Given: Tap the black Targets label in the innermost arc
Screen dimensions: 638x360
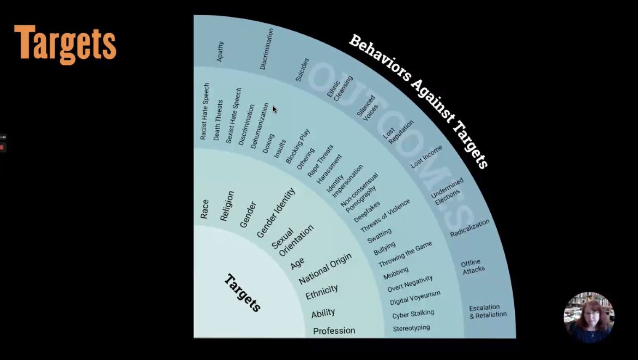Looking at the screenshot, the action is click(x=243, y=293).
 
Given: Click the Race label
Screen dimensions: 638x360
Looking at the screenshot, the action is click(x=204, y=209).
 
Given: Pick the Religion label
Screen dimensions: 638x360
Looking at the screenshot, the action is click(x=227, y=206).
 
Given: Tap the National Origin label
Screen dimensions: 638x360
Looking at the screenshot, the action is click(x=325, y=268).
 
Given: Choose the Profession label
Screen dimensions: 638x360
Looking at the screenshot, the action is click(x=334, y=331).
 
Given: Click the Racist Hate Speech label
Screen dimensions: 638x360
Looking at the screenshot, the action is click(x=204, y=112).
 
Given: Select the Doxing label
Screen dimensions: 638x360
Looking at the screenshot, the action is click(x=268, y=143).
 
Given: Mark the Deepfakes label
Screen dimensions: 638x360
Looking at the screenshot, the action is click(x=367, y=212).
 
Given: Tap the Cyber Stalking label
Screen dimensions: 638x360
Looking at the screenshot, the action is click(x=413, y=314).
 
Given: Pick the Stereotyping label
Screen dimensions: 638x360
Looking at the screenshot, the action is click(x=411, y=328).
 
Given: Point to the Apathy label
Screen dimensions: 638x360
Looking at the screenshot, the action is click(x=220, y=51).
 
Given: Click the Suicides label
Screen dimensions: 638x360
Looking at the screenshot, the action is click(x=302, y=69).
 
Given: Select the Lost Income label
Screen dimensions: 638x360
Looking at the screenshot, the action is click(x=426, y=157).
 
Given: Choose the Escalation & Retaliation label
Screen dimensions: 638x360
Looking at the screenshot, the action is click(x=487, y=311).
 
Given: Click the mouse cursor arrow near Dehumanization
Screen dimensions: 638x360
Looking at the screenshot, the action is click(x=275, y=109).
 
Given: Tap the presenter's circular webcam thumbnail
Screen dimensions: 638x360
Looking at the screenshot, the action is click(x=589, y=317).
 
